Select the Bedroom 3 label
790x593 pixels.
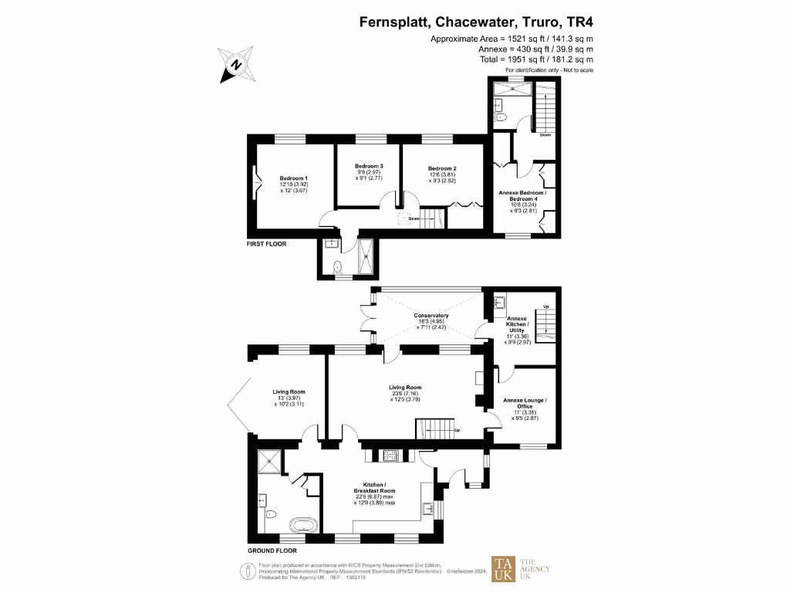[370, 166]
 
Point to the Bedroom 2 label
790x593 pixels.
[443, 168]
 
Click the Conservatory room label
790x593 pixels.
[431, 315]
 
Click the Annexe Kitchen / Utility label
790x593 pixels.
[516, 324]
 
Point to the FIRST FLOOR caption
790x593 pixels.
[267, 243]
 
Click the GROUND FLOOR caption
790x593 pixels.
[273, 551]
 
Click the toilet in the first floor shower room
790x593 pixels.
[337, 267]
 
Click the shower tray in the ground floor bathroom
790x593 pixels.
[267, 462]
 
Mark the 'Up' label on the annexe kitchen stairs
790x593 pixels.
[546, 307]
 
